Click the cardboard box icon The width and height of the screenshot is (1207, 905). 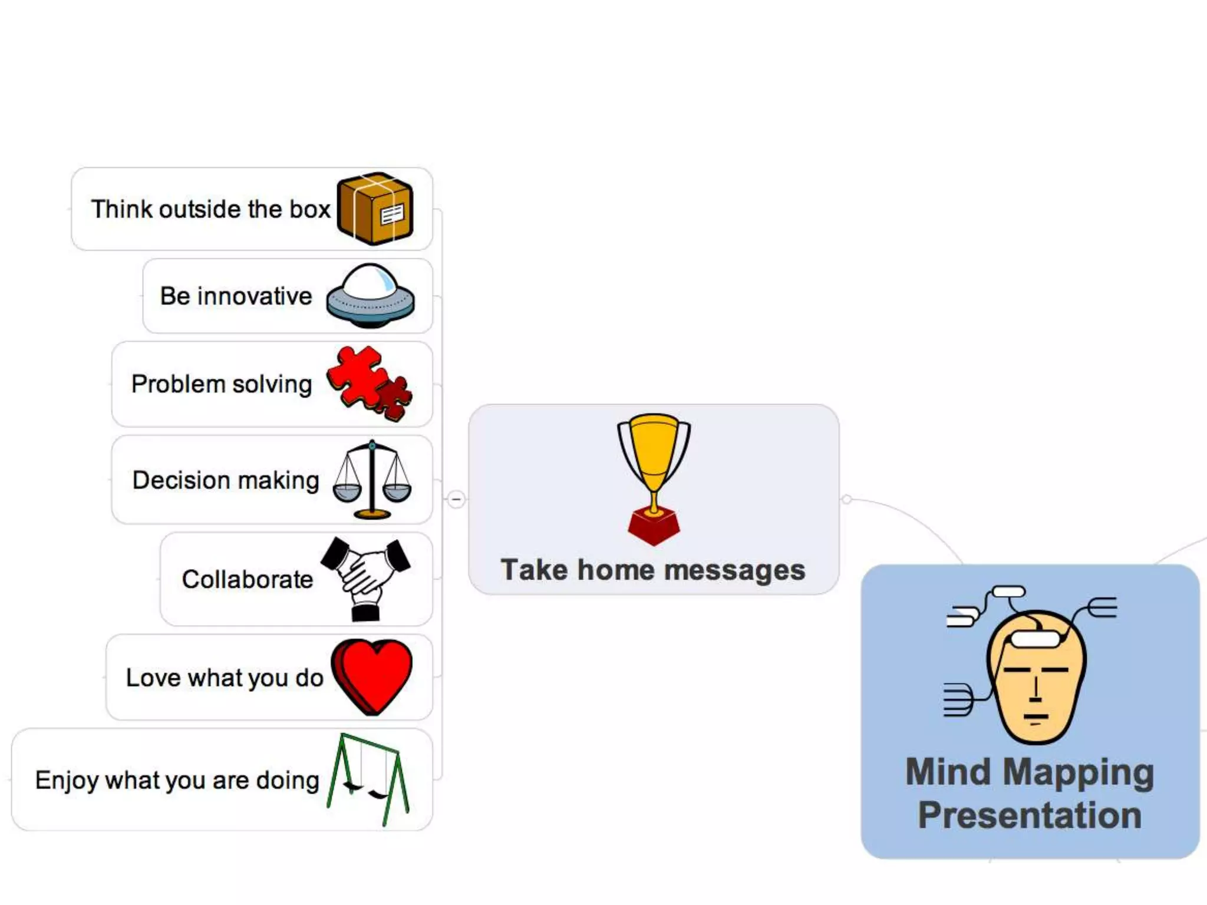tap(375, 209)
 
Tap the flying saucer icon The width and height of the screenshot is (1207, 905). tap(370, 296)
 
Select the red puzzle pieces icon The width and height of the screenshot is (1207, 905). tap(369, 383)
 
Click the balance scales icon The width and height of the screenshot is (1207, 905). tap(372, 480)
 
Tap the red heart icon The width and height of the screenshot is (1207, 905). tap(371, 676)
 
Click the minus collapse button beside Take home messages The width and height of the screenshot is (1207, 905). tap(456, 500)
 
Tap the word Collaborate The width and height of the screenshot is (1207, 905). tap(248, 580)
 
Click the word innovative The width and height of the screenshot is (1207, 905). tap(255, 296)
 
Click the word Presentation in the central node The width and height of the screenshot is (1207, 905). tap(1030, 815)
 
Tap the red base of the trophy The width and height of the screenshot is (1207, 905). tap(654, 527)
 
